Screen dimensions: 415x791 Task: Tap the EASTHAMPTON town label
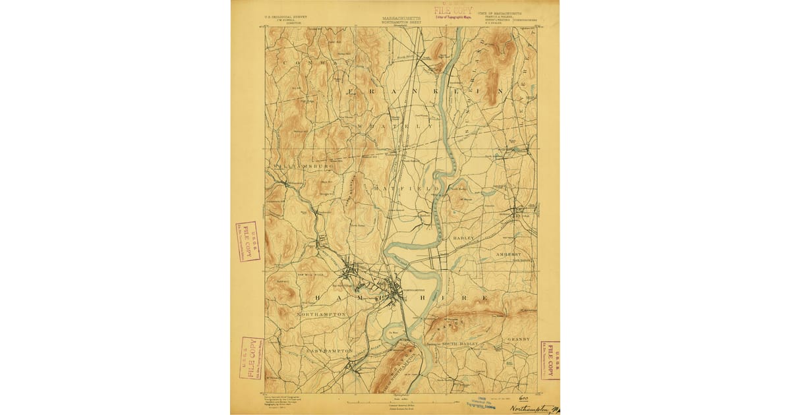tap(329, 350)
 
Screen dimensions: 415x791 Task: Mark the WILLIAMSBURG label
tap(299, 167)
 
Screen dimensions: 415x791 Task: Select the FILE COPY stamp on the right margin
tap(549, 360)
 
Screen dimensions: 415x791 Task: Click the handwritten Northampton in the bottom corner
tap(533, 409)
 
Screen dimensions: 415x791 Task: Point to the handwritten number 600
tap(525, 398)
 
